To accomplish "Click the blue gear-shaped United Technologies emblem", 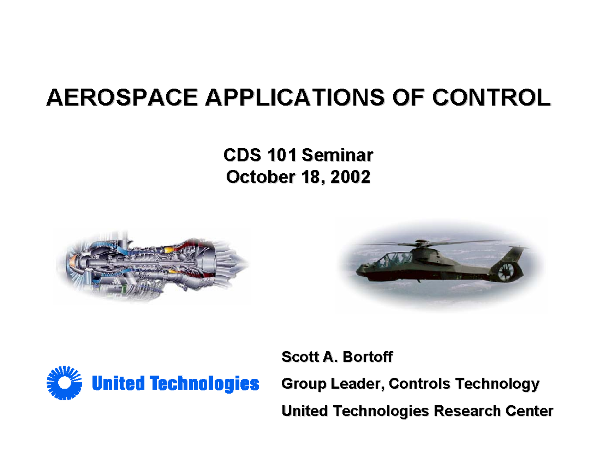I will pyautogui.click(x=64, y=383).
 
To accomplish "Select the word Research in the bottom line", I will pyautogui.click(x=467, y=411).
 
